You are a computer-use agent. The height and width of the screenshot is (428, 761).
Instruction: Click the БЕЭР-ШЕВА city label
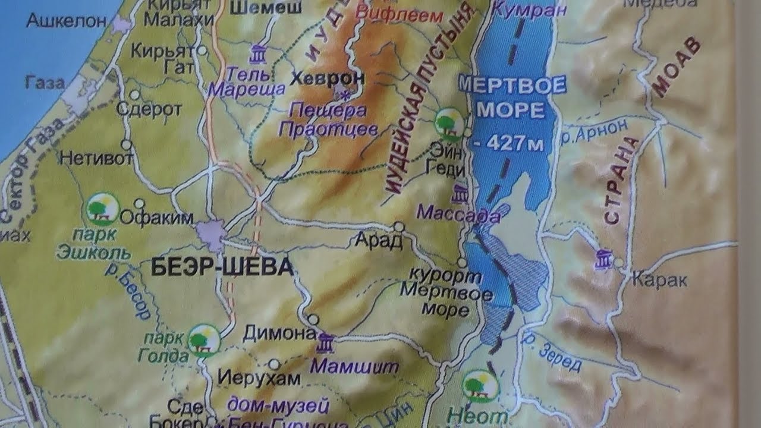(x=222, y=267)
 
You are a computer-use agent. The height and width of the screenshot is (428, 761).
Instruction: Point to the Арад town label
(x=378, y=240)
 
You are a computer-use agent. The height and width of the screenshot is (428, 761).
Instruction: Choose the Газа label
(x=45, y=83)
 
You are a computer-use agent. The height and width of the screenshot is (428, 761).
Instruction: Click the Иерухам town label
(x=251, y=377)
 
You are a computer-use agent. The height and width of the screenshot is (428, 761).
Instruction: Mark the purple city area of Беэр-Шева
(x=211, y=232)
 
